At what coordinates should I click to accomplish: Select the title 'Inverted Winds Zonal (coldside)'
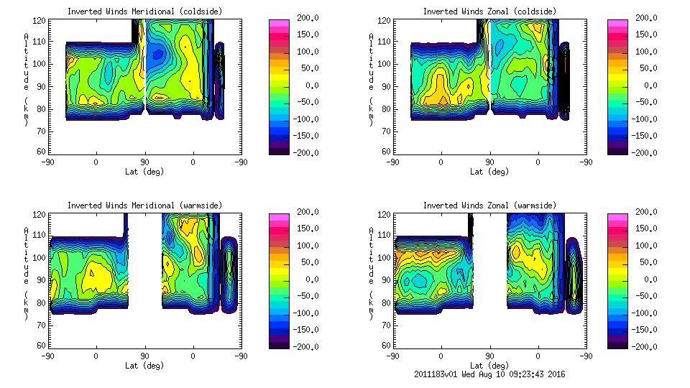(x=489, y=11)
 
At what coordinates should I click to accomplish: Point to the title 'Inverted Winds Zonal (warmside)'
(x=489, y=205)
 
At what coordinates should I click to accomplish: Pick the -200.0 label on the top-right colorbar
(x=647, y=152)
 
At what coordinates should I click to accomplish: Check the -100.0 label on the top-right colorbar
(x=647, y=119)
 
